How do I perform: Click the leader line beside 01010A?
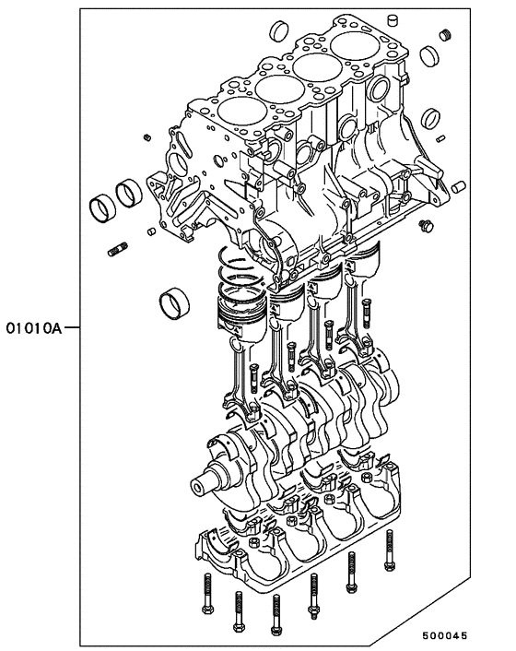(71, 327)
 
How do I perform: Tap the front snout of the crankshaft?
(205, 484)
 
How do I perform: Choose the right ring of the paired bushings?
(126, 196)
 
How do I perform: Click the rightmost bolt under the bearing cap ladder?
(389, 551)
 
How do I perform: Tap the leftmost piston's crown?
(241, 304)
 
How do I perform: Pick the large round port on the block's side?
(380, 90)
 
